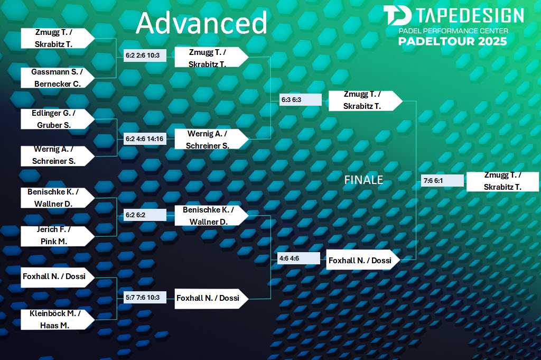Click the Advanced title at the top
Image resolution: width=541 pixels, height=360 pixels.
click(x=201, y=23)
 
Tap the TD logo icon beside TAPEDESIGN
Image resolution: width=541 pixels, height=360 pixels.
click(x=397, y=15)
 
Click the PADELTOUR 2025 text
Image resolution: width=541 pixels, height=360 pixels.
click(x=452, y=41)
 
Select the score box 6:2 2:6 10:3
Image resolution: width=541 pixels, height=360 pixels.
click(x=145, y=55)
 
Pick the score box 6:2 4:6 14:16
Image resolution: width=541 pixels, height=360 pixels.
click(x=145, y=139)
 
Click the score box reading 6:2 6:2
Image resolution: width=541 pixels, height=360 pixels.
click(x=145, y=215)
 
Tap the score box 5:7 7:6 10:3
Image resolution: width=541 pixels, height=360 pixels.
click(x=145, y=297)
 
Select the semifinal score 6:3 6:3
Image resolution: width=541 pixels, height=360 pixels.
click(x=301, y=100)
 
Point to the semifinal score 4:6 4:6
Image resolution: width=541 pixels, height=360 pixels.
click(x=299, y=258)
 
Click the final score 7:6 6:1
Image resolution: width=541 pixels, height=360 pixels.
click(x=442, y=180)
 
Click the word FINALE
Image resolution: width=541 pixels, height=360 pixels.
click(x=363, y=180)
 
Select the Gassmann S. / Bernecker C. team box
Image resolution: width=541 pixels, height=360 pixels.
click(x=58, y=78)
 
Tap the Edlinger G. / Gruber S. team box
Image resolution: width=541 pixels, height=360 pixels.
click(x=58, y=119)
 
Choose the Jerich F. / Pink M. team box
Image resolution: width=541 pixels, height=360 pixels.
click(x=58, y=236)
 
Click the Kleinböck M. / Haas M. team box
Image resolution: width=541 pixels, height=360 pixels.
click(x=58, y=319)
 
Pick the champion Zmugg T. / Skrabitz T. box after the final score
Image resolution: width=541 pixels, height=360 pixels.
click(x=503, y=181)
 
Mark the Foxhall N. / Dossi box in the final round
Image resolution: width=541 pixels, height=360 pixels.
click(x=363, y=260)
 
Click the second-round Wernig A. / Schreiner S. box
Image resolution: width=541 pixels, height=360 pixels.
click(x=211, y=139)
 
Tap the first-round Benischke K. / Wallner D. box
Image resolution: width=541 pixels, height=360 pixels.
click(x=58, y=198)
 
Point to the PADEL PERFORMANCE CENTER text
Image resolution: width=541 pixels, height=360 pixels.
click(x=453, y=31)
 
